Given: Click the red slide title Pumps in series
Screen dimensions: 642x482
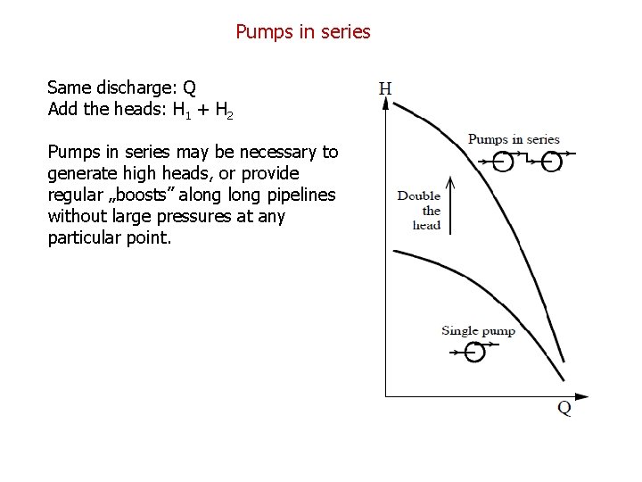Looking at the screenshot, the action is tap(303, 32).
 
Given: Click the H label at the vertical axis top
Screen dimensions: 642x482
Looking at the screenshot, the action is tap(385, 88).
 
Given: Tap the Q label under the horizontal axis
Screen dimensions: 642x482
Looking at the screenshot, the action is tap(564, 409).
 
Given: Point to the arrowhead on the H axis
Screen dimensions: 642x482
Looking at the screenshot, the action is tap(385, 103).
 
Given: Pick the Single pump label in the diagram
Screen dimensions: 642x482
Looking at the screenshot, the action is tap(478, 331).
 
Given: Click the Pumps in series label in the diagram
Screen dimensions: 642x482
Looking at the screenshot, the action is tap(514, 138).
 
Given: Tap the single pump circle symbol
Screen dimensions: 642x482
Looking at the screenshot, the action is tap(475, 353).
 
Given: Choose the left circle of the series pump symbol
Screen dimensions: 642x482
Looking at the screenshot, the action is tap(505, 162).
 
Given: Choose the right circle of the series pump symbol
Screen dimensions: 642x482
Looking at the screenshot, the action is tap(553, 162).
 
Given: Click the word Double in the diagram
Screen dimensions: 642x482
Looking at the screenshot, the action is tap(419, 196).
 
